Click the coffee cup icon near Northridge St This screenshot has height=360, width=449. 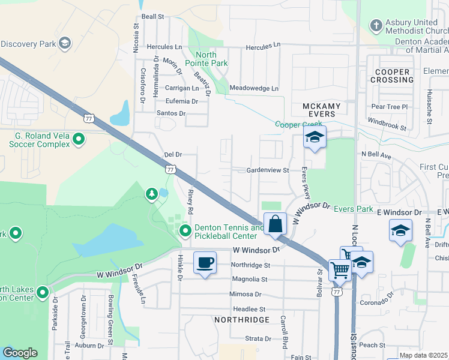click(205, 262)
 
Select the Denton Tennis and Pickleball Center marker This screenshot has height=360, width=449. click(185, 230)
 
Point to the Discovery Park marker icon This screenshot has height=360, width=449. click(65, 43)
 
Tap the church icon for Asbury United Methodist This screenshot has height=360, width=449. click(375, 26)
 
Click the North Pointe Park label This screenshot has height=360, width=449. click(205, 59)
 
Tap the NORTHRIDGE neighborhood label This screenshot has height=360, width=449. click(238, 320)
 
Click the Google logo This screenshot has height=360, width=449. click(20, 353)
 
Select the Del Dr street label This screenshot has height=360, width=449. click(173, 155)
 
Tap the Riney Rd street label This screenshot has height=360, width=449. click(190, 202)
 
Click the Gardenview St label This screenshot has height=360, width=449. click(268, 170)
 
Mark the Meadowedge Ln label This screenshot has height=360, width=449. click(255, 88)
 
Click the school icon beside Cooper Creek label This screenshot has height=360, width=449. click(315, 137)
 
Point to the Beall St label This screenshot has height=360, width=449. click(152, 17)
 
